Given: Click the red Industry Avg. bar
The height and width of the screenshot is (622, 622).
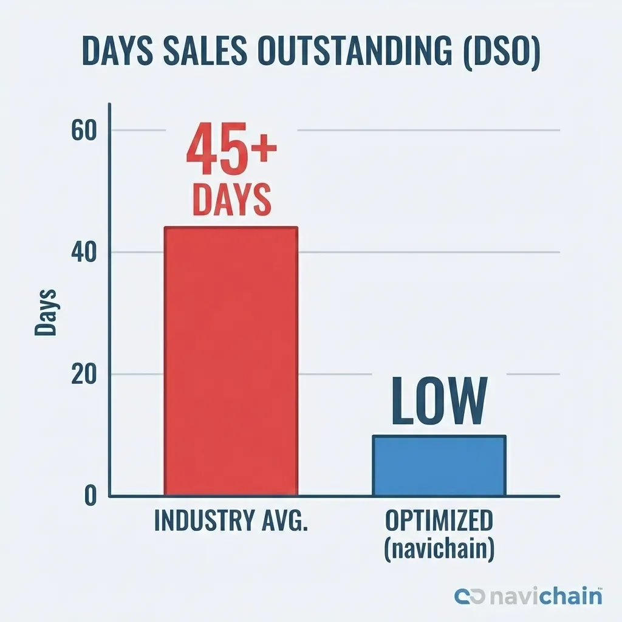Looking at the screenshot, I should point(231,361).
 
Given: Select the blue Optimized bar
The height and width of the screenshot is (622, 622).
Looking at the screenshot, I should point(439,465).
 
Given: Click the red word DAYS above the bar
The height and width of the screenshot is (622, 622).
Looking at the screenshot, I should point(231,200).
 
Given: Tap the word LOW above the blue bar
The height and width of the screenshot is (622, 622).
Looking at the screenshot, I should point(439,402).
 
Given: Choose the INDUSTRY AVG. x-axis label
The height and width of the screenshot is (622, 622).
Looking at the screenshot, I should point(231,522).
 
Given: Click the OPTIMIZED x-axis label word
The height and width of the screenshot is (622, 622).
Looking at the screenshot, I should point(439,521).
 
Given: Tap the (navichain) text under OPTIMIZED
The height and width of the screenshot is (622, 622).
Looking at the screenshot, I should point(439,549).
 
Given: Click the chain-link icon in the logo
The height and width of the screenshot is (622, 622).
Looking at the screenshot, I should point(470,596).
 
